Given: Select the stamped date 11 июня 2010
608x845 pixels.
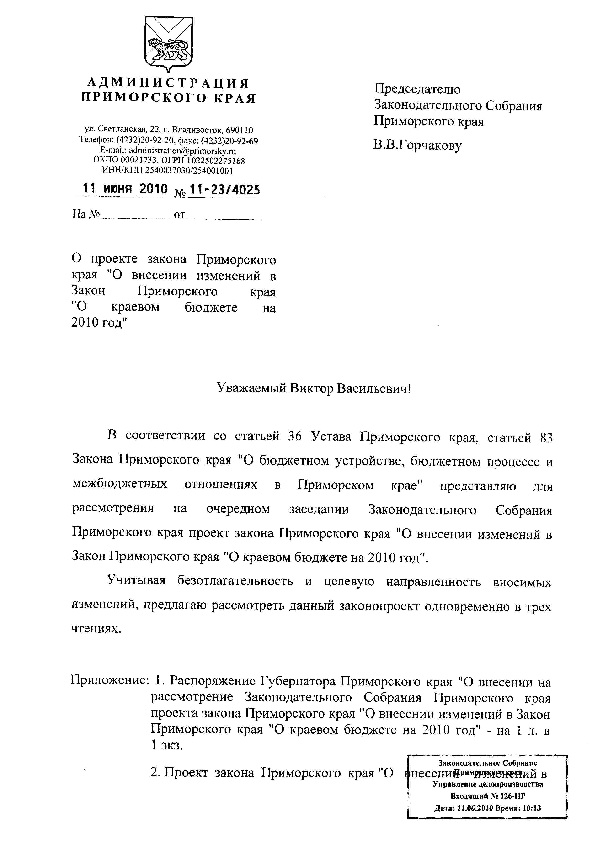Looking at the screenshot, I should tap(125, 189).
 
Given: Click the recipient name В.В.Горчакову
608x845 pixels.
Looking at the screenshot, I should tap(417, 145).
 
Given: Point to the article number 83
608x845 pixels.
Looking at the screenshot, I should tap(545, 438).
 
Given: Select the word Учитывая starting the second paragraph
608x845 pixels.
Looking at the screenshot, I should tap(136, 580).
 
